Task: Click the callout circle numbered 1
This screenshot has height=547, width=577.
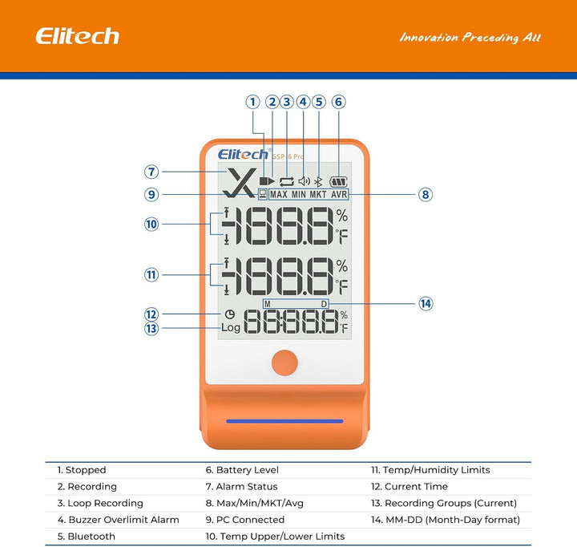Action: tap(253, 102)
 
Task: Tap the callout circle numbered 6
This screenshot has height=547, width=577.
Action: tap(338, 102)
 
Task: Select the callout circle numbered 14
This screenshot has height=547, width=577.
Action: tap(426, 303)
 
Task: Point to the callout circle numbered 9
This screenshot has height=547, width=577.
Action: tap(151, 194)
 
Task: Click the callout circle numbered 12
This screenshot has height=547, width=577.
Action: tap(151, 314)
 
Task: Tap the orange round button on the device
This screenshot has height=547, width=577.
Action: tap(284, 363)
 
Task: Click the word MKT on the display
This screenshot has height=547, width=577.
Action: tap(318, 194)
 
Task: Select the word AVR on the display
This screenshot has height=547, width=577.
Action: tap(339, 194)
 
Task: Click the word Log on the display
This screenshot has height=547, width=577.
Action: tap(231, 328)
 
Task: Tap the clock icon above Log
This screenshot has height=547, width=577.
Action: tap(230, 314)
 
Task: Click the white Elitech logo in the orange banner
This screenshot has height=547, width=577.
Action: tap(77, 36)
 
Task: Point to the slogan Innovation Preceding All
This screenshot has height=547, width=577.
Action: tap(470, 38)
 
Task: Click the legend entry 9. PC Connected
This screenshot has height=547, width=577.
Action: tap(241, 520)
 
